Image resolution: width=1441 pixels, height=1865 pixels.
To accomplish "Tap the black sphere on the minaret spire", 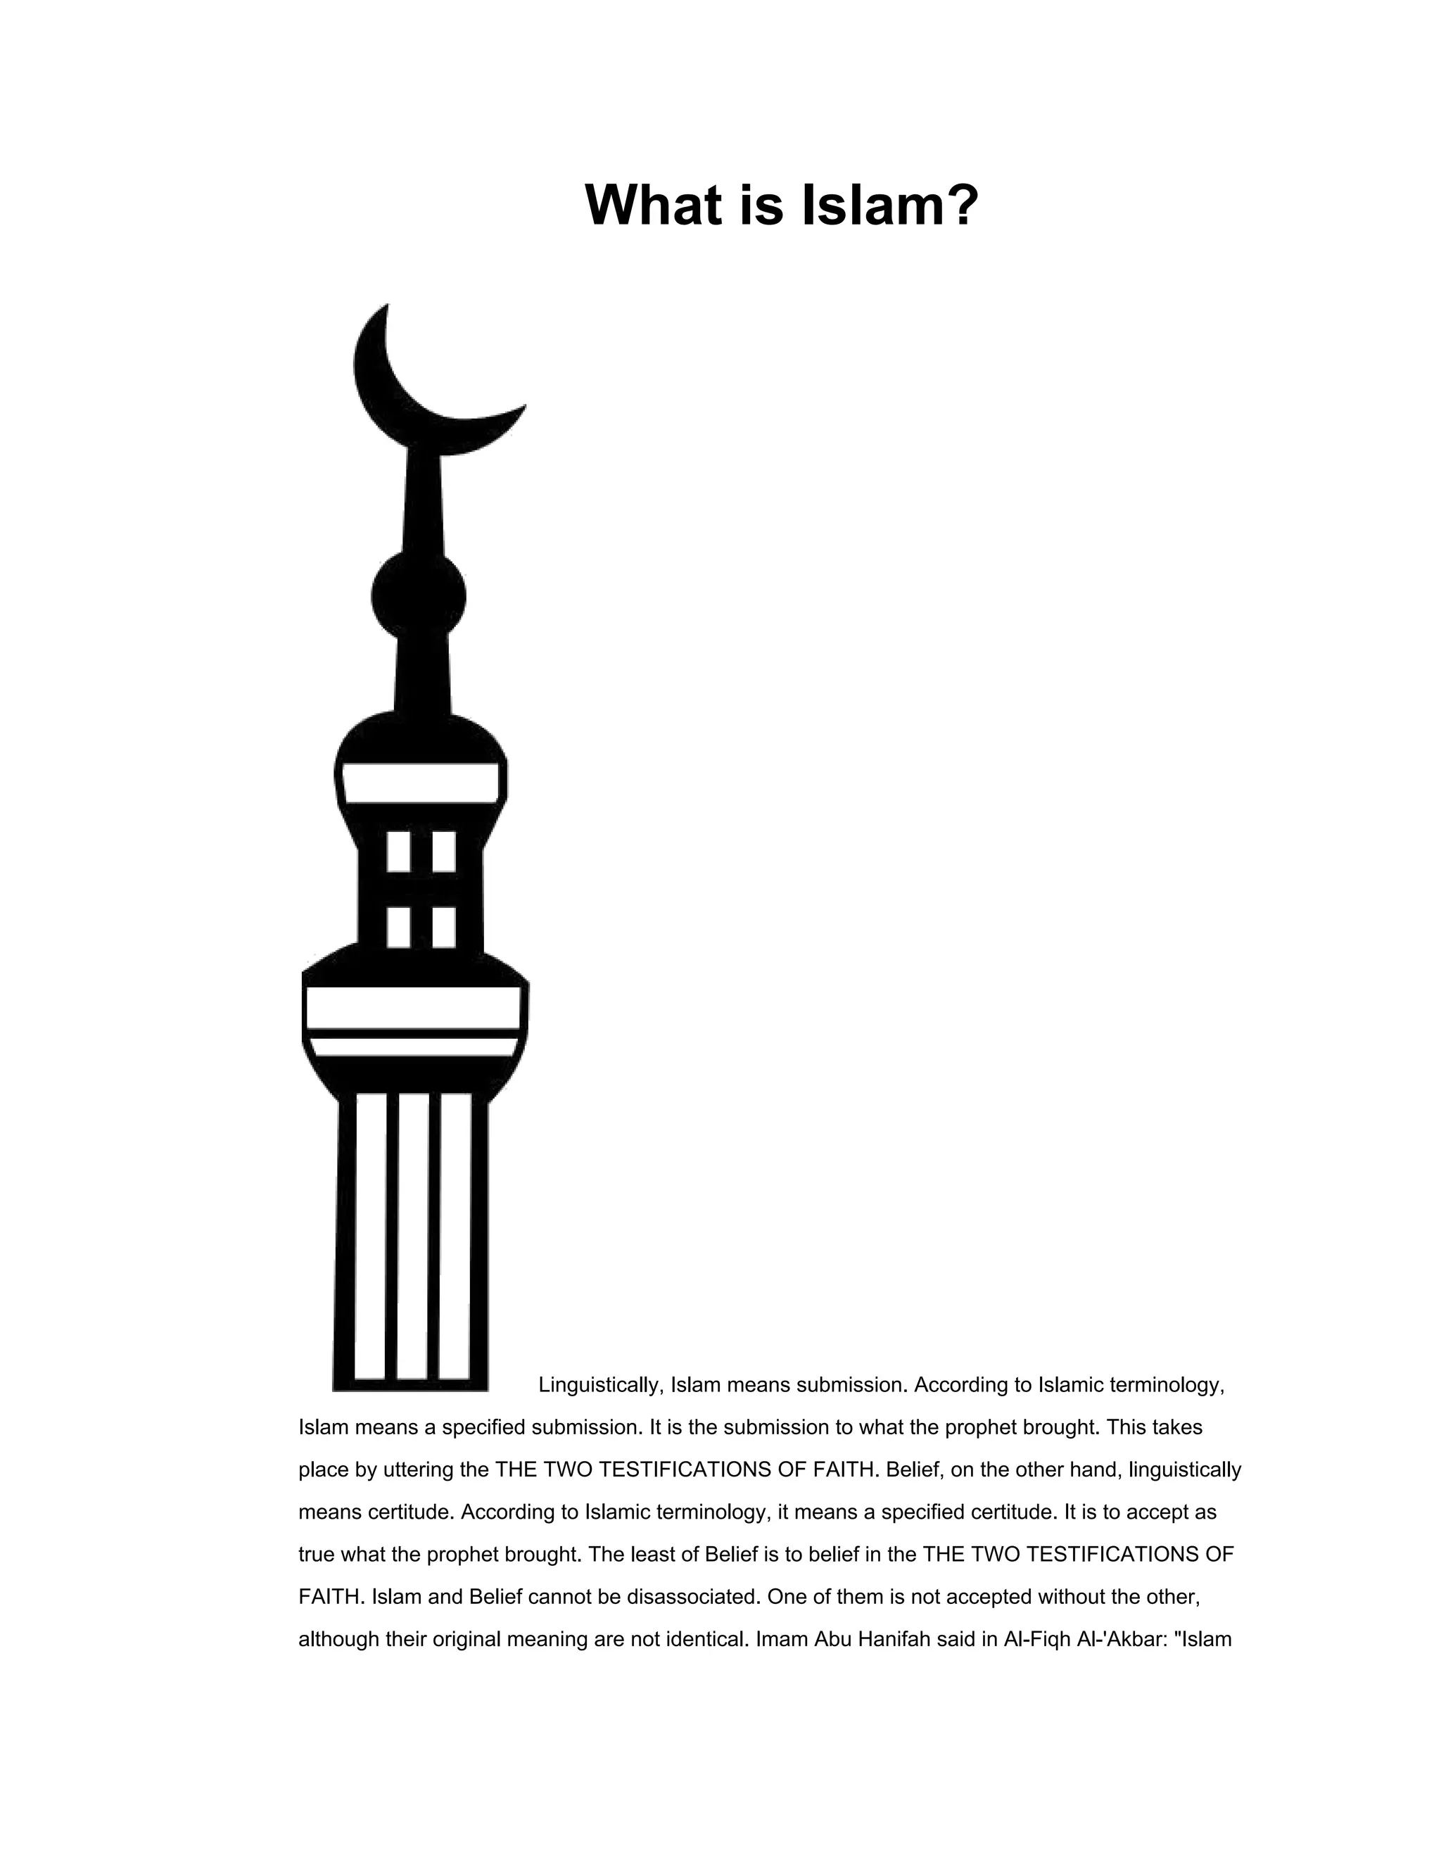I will tap(419, 595).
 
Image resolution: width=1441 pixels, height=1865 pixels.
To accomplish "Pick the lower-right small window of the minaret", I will tap(444, 927).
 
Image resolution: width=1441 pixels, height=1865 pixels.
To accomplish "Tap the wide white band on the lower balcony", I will tap(413, 1007).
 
